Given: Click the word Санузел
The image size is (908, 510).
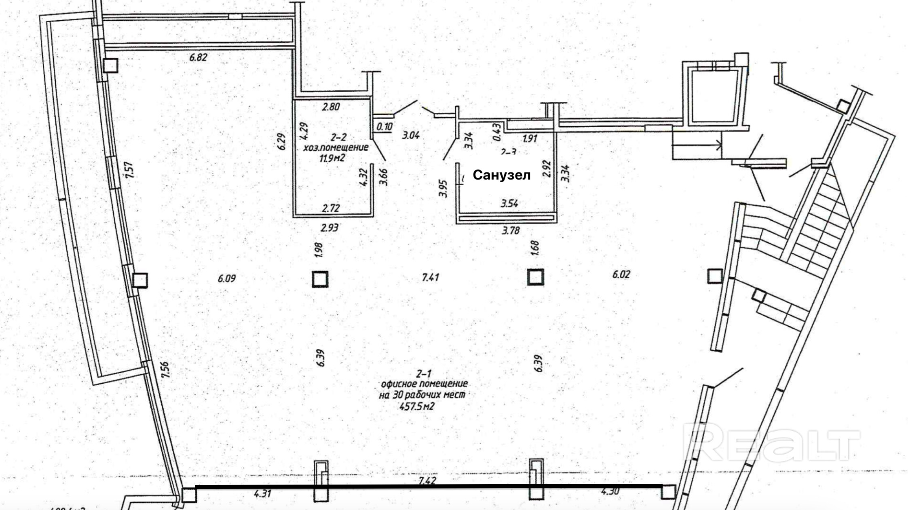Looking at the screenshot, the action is (x=501, y=175).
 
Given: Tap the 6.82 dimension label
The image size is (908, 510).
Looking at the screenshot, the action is (x=198, y=57).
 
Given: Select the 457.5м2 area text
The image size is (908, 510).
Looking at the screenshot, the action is (x=416, y=406).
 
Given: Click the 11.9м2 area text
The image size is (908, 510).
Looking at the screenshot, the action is (x=332, y=158).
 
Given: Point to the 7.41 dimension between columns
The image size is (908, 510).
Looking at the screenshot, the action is (x=430, y=277).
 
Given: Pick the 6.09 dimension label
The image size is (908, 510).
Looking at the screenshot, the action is (x=226, y=278).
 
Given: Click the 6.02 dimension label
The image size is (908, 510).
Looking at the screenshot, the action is (x=621, y=275).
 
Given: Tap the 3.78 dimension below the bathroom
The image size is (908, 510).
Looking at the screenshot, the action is (x=511, y=231).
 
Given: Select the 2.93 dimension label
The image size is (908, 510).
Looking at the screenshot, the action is (x=329, y=228).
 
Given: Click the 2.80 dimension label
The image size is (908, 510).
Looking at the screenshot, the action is (x=331, y=107).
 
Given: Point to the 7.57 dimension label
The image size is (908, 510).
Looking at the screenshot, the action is (x=129, y=170).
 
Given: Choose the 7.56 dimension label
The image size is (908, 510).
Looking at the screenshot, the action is (x=165, y=370).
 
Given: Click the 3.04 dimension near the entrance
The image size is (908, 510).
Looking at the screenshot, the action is (x=411, y=135).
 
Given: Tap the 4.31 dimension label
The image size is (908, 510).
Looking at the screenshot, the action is (x=262, y=493).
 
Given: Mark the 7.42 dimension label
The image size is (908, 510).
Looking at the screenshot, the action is (x=427, y=480).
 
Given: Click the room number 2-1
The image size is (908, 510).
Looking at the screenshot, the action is (x=424, y=373).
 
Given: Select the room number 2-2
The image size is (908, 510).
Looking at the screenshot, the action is (x=338, y=137).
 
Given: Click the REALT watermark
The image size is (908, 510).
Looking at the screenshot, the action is (x=770, y=443).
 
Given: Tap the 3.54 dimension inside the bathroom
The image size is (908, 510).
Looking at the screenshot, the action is (x=509, y=203).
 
